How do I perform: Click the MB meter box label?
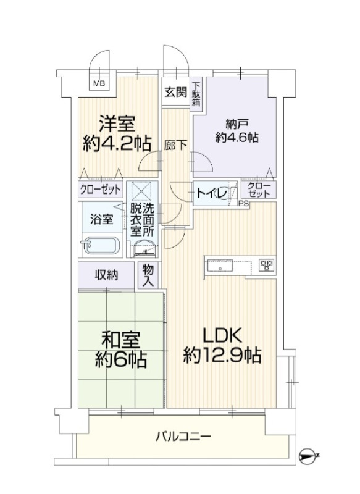[x=99, y=84]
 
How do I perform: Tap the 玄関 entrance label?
[x=176, y=93]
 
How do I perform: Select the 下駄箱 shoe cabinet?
[x=196, y=93]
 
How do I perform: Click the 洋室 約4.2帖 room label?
[x=117, y=133]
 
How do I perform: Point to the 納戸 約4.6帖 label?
[x=237, y=131]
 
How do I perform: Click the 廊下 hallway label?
[x=175, y=145]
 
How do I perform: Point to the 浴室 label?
[x=101, y=219]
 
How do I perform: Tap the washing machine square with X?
[x=142, y=191]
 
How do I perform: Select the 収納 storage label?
[x=107, y=275]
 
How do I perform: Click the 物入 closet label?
[x=148, y=275]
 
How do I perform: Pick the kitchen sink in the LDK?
[x=220, y=266]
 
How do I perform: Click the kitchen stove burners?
[x=267, y=265]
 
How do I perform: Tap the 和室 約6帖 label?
[x=120, y=350]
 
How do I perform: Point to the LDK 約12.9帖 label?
[x=222, y=345]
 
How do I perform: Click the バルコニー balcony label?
[x=183, y=437]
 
